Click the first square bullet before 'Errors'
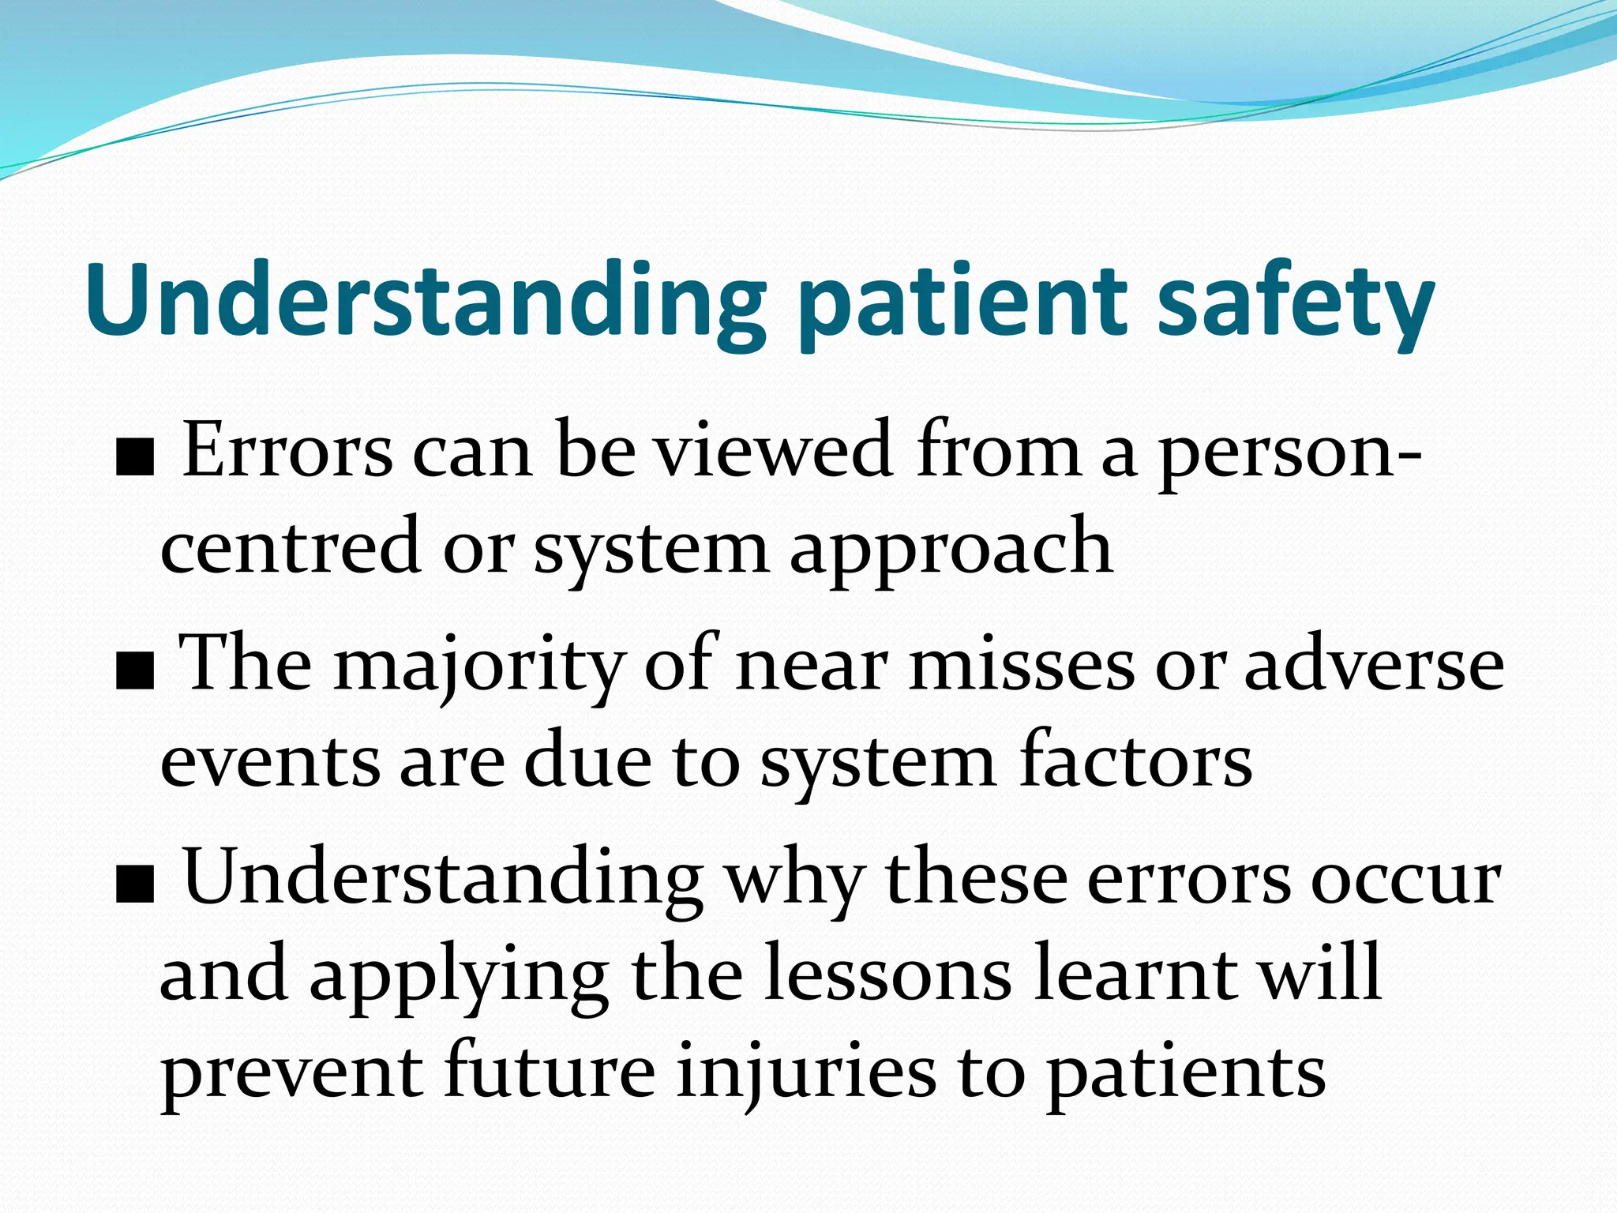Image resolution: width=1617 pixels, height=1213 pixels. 133,461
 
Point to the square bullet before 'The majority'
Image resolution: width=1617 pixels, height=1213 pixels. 133,676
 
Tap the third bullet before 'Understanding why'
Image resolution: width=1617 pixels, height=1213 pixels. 133,889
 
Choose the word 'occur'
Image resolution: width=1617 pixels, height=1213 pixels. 1405,881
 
